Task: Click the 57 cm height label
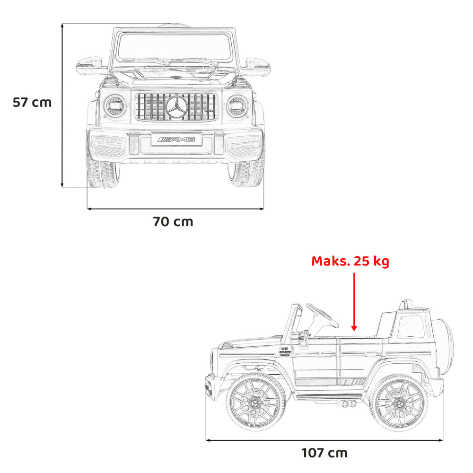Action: click(x=32, y=103)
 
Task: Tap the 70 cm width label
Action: click(x=173, y=222)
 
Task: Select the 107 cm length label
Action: click(x=324, y=453)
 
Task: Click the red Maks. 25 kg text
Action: click(x=350, y=261)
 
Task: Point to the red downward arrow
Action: click(x=354, y=302)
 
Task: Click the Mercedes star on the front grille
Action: click(x=176, y=107)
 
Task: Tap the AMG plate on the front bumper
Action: click(x=177, y=140)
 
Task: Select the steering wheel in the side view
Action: click(x=322, y=315)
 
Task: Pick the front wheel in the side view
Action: click(x=256, y=402)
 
